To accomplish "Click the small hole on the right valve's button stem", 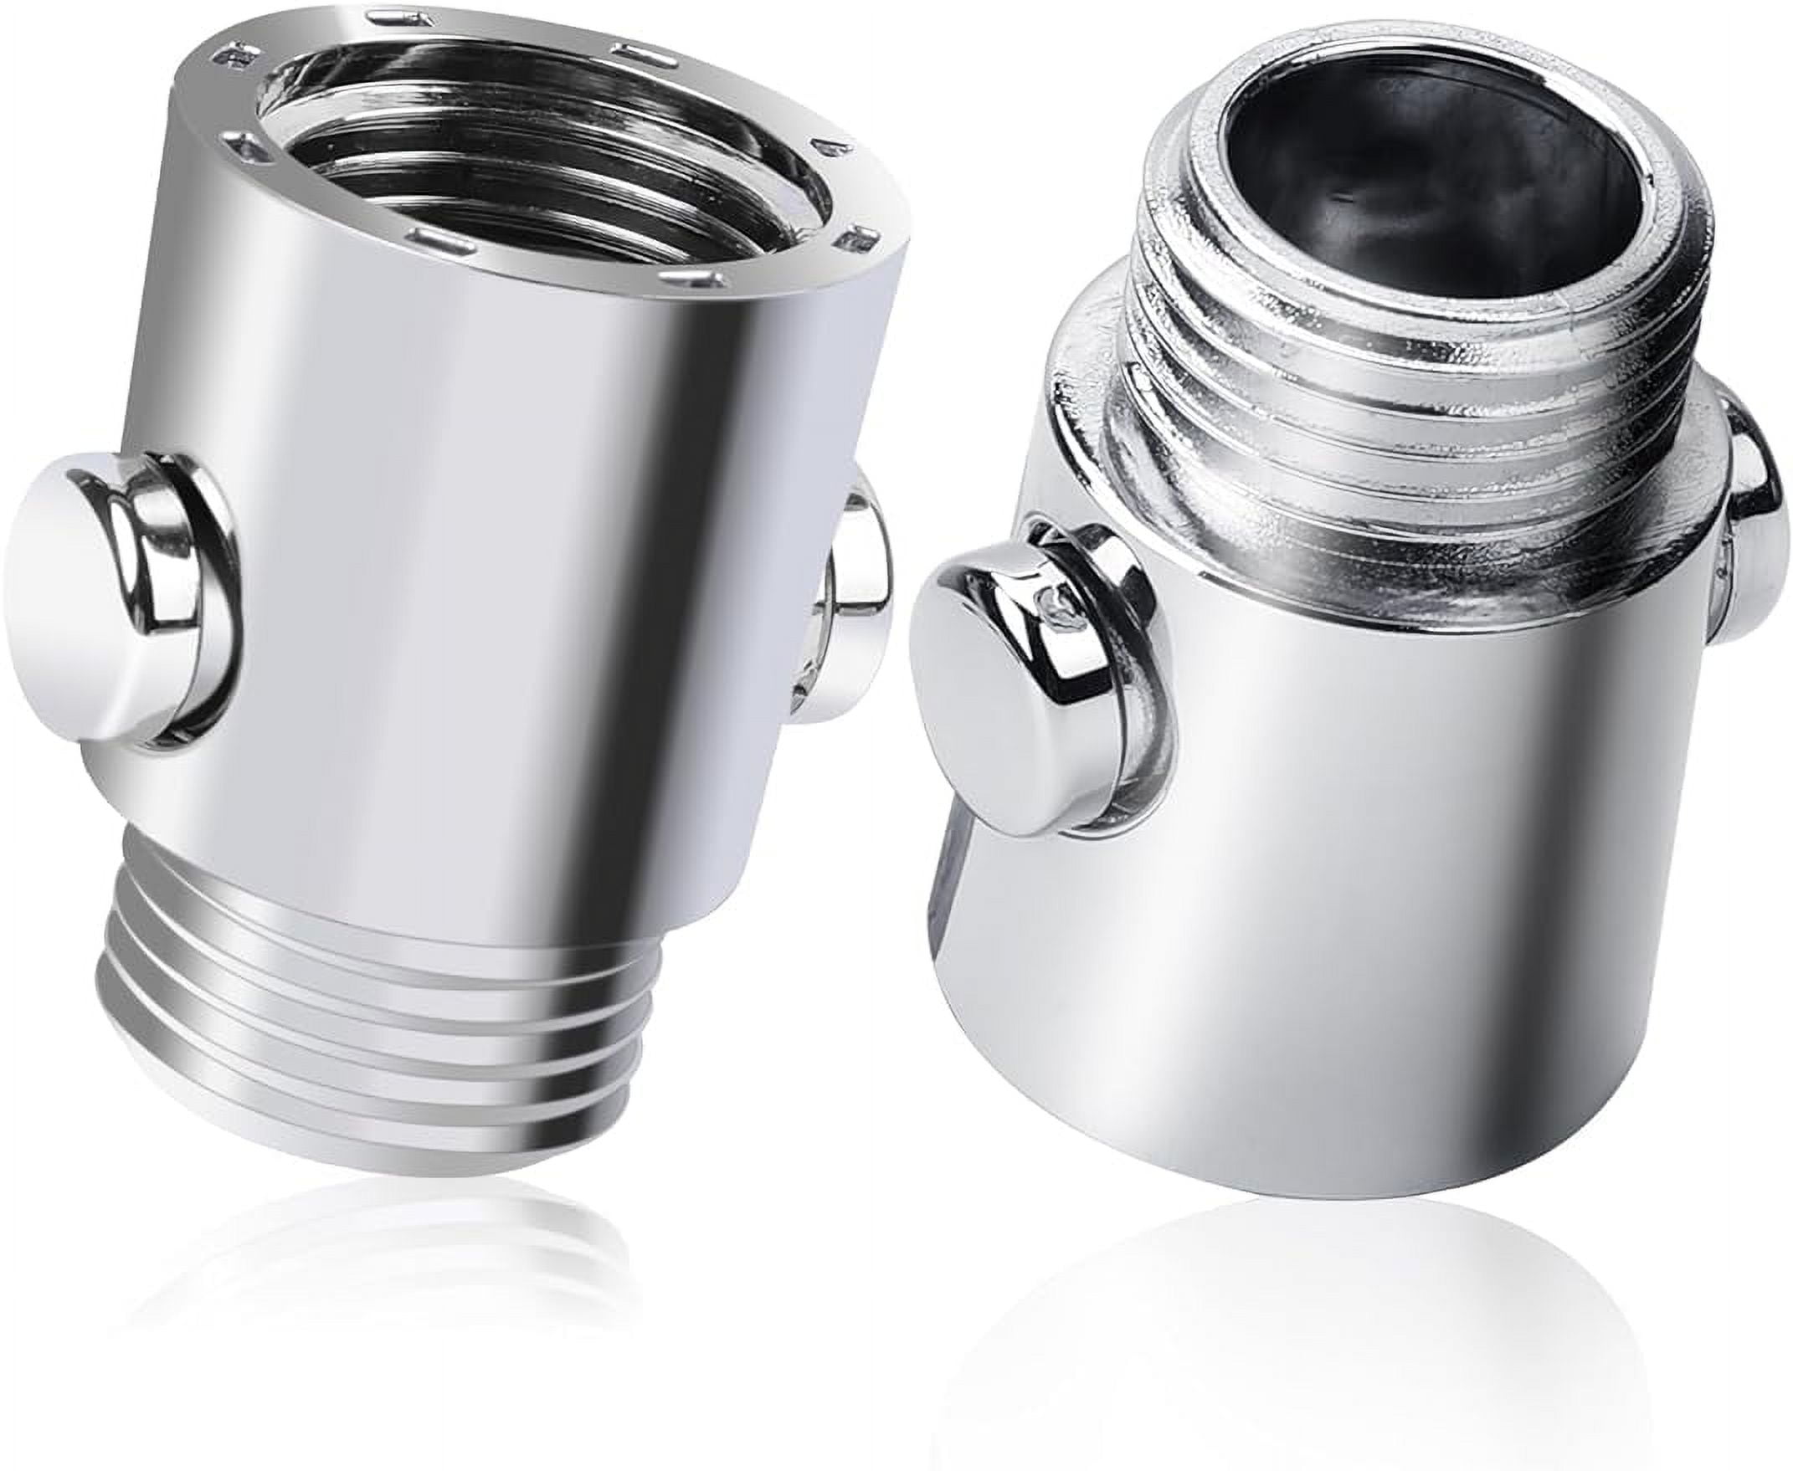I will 1054,602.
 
